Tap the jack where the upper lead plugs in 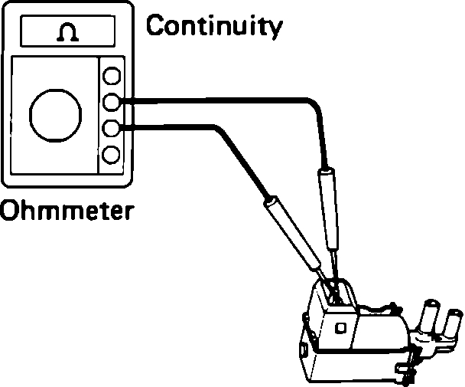[x=112, y=101]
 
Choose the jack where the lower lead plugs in [x=112, y=128]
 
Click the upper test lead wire [x=229, y=100]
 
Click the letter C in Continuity [x=156, y=27]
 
